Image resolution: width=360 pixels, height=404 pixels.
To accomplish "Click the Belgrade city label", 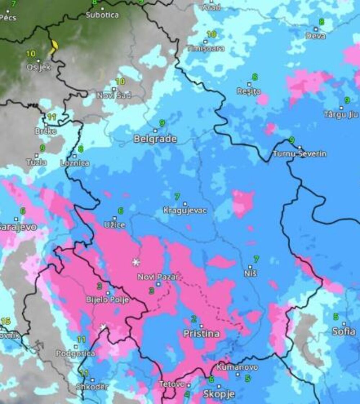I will [x=155, y=139].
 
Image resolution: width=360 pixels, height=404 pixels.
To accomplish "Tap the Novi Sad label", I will [x=114, y=96].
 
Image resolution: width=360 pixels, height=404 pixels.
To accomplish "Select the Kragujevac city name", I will [x=185, y=211].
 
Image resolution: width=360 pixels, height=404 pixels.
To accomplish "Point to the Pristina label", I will [x=201, y=334].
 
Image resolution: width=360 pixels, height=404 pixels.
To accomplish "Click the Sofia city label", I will [x=344, y=331].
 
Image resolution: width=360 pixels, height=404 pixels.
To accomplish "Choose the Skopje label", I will [x=219, y=394].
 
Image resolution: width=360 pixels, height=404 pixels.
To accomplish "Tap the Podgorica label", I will [x=76, y=354].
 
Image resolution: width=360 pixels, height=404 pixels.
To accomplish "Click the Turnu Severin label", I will [x=300, y=154].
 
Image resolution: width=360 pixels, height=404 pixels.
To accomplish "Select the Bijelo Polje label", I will [x=107, y=300].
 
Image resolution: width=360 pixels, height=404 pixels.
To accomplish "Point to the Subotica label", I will [x=102, y=15].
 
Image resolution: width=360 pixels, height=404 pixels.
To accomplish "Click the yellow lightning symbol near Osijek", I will [x=54, y=46].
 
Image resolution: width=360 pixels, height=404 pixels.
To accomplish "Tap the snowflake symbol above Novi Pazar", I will [x=136, y=262].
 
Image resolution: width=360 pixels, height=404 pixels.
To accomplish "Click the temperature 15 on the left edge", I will [x=5, y=321].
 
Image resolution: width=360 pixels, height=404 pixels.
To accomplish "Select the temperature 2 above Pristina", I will [x=194, y=319].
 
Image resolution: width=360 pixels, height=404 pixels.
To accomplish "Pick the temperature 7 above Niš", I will [x=256, y=259].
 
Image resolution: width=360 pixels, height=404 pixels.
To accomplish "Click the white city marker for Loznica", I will [x=75, y=156].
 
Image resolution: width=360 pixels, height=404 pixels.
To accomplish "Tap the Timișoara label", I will [x=206, y=48].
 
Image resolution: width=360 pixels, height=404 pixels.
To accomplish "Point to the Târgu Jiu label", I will [x=341, y=115].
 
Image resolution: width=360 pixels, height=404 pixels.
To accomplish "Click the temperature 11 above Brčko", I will [x=52, y=117].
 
